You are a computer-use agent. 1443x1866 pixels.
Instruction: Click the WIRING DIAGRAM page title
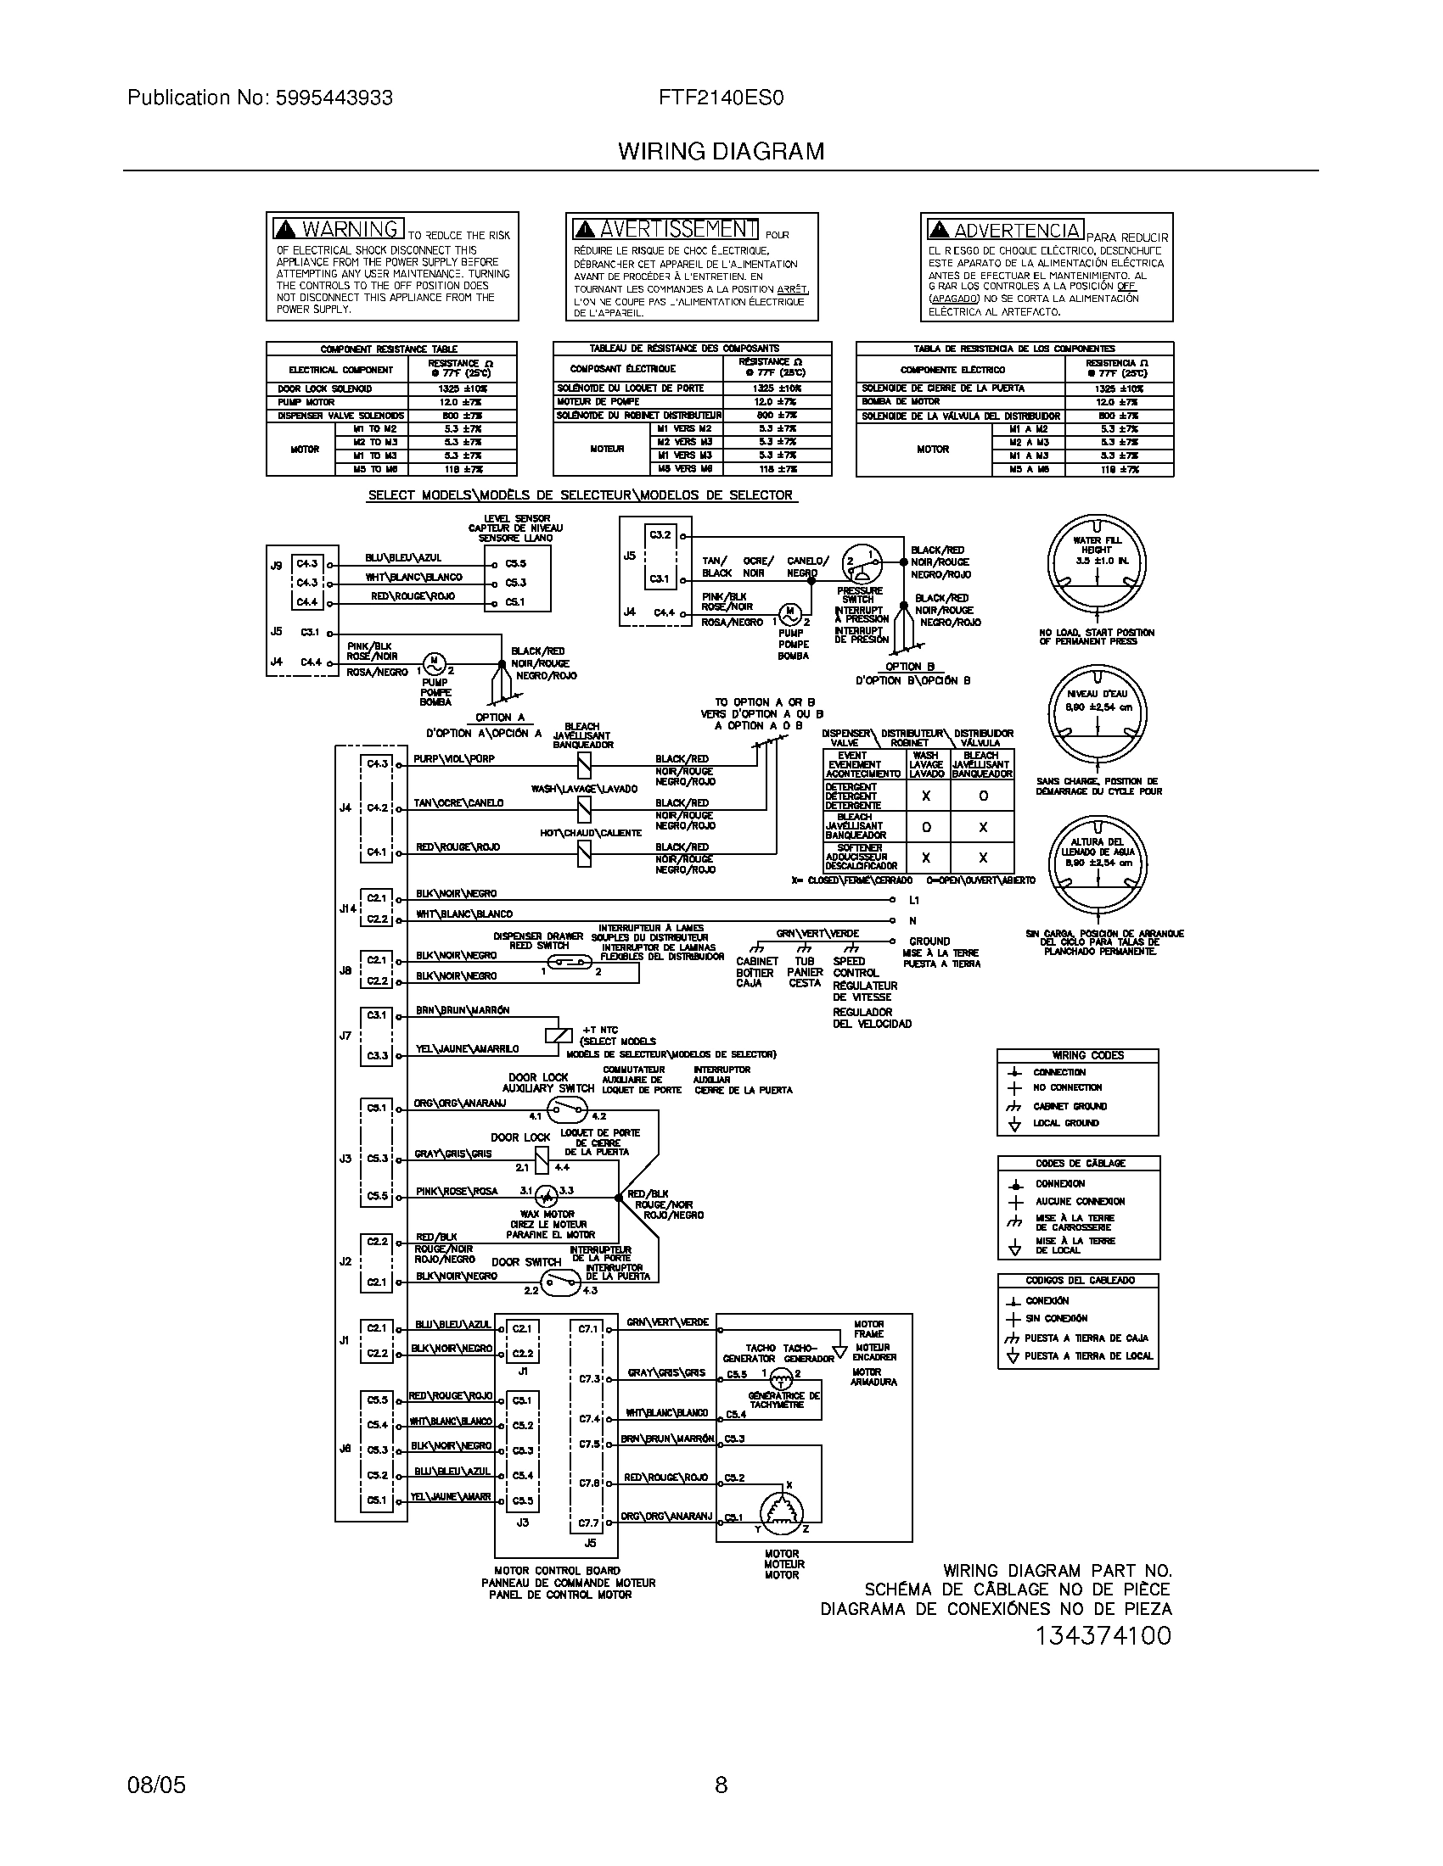tap(721, 151)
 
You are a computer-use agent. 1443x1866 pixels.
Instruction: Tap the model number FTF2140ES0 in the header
tap(721, 98)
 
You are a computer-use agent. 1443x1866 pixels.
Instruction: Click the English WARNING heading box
tap(339, 229)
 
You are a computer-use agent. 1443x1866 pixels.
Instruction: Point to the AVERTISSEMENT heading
tap(666, 229)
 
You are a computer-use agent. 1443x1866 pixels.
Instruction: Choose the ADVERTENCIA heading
tap(1005, 230)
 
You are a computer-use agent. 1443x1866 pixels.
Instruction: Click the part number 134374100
tap(1102, 1635)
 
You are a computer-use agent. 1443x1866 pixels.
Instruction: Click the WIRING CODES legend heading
tap(1076, 1055)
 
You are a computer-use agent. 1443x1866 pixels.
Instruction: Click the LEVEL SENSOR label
tap(517, 518)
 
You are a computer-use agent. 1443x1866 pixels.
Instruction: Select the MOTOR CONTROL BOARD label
tap(557, 1570)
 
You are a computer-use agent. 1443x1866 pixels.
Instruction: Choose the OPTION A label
tap(500, 718)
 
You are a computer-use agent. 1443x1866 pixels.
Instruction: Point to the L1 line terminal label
tap(914, 901)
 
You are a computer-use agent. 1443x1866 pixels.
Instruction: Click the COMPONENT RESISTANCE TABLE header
tap(390, 349)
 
